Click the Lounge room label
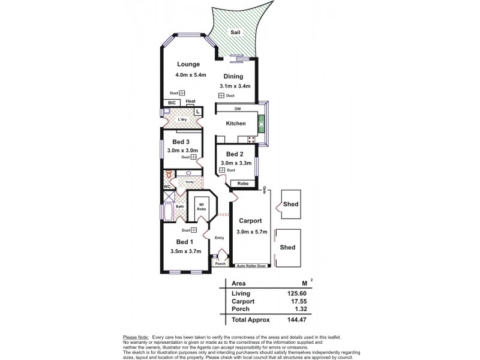[x=188, y=64]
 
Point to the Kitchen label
[x=236, y=123]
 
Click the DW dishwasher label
[x=238, y=109]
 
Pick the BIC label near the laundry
[x=171, y=103]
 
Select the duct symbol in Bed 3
[x=194, y=157]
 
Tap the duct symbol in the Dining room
[x=221, y=96]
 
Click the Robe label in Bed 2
[x=243, y=184]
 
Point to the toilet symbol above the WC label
[x=169, y=175]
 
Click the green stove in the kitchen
[x=261, y=127]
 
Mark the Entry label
[x=219, y=238]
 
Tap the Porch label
[x=220, y=263]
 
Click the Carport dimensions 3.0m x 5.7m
[x=251, y=232]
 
